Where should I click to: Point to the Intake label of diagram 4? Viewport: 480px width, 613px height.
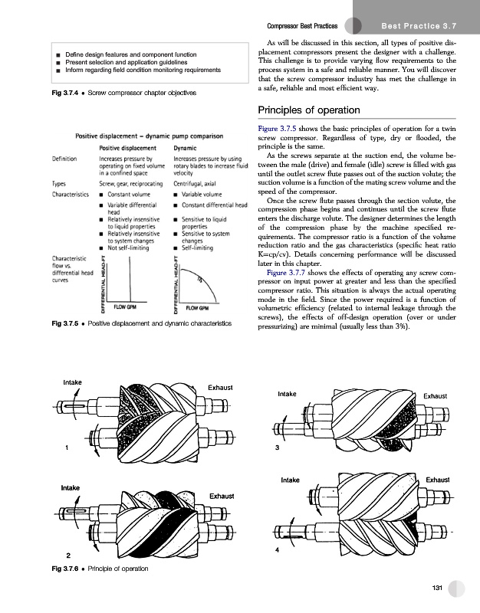pos(290,480)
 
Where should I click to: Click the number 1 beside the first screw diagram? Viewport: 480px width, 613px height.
pos(67,447)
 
